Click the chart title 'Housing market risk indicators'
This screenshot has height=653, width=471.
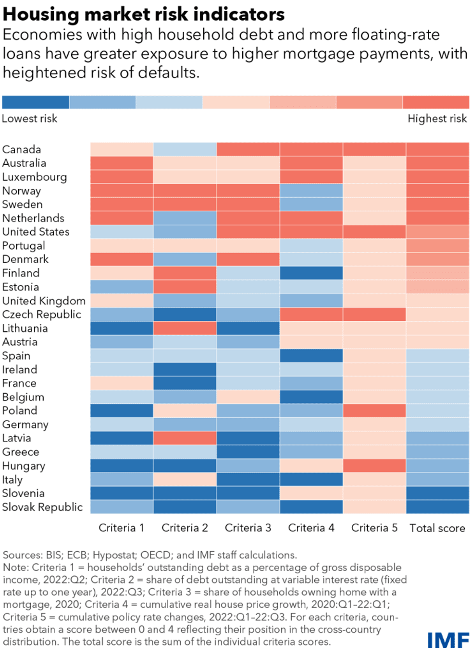(x=143, y=14)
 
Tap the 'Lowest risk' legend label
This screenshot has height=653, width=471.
(x=29, y=119)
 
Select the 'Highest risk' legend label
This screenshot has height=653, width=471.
(x=437, y=119)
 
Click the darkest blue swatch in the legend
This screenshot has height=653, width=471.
(x=36, y=102)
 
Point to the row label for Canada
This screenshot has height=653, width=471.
(x=22, y=149)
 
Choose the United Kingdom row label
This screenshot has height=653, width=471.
(x=44, y=301)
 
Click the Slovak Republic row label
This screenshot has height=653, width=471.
(x=42, y=507)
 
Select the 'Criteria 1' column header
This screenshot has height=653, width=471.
(x=121, y=528)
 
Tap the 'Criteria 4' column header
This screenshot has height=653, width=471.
(x=311, y=528)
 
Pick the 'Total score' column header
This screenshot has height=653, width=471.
(x=437, y=528)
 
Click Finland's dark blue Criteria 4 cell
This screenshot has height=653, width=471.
(x=311, y=273)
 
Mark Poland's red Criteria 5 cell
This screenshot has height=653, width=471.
(x=374, y=411)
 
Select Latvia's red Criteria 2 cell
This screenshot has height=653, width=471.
(x=185, y=438)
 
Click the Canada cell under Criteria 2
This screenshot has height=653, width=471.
(x=185, y=149)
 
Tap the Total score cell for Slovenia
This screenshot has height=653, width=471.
(x=437, y=494)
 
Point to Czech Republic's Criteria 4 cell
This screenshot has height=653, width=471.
(x=311, y=314)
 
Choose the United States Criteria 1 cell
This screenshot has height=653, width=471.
(x=122, y=232)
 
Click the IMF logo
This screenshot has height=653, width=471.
(x=448, y=640)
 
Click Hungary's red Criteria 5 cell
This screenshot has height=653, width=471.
(x=374, y=466)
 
